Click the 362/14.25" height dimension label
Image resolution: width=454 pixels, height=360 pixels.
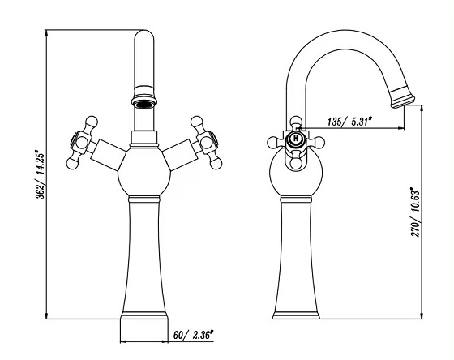[x=40, y=174]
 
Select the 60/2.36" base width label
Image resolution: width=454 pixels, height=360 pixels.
[x=193, y=335]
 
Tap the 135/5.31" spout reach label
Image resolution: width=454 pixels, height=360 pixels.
[x=349, y=122]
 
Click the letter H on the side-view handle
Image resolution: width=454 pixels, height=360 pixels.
[x=296, y=139]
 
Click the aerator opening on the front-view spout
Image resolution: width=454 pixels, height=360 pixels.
[x=144, y=105]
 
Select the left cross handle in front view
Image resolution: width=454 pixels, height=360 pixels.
[x=82, y=143]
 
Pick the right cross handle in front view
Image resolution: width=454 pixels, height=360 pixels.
[x=206, y=143]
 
